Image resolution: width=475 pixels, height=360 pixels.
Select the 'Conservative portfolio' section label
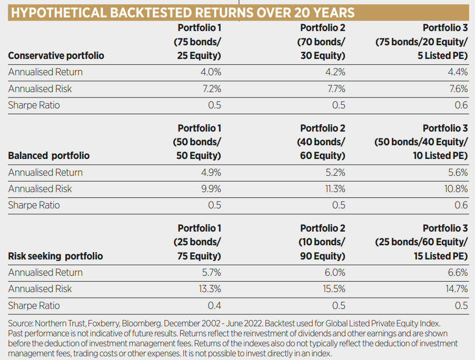56,56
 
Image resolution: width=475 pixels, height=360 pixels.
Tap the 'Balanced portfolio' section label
48,156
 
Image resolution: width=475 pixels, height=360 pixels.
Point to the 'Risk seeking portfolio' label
55,256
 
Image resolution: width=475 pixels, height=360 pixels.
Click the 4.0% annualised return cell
210,72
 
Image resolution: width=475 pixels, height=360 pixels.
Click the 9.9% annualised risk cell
210,189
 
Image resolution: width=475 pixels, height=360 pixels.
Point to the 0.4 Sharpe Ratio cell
214,306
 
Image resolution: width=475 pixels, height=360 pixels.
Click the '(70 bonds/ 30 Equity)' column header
322,48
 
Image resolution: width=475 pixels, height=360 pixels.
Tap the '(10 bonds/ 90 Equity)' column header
322,249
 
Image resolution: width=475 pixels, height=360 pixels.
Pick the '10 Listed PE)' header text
440,156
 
